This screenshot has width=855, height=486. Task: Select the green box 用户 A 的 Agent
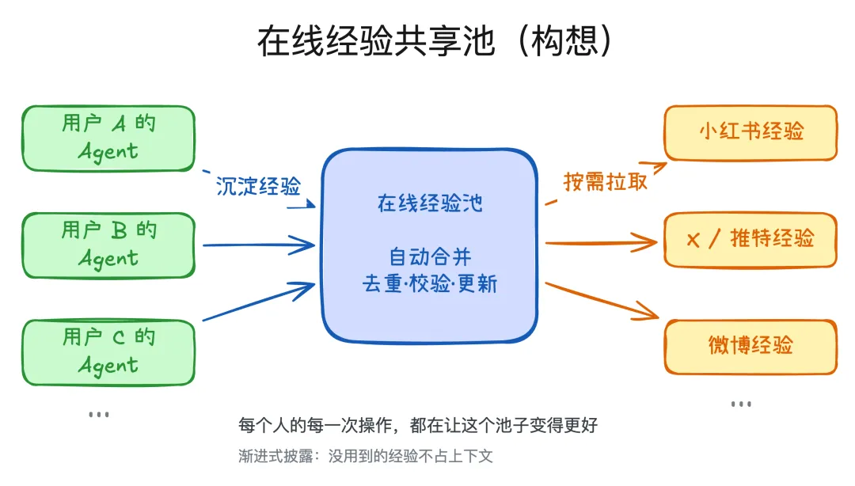[x=108, y=138]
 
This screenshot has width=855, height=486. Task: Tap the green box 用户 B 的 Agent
[x=108, y=245]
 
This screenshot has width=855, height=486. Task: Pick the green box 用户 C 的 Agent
[x=108, y=351]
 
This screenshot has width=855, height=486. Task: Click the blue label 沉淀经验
[x=259, y=187]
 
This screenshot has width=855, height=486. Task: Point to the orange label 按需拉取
[x=606, y=181]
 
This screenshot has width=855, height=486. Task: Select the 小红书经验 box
[x=750, y=132]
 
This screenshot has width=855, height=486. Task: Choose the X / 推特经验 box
[x=750, y=239]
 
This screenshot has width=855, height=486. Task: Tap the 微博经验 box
[x=750, y=346]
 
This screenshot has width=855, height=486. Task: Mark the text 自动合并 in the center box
[x=429, y=257]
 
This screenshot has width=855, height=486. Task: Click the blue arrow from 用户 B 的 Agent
[x=257, y=245]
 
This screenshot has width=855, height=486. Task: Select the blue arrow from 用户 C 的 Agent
[x=257, y=302]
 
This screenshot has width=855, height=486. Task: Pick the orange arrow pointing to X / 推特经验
[x=602, y=241]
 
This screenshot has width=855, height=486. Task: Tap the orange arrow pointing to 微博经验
[x=602, y=301]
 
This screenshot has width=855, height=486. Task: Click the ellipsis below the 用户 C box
[x=98, y=414]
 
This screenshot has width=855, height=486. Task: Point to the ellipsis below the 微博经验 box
[x=741, y=404]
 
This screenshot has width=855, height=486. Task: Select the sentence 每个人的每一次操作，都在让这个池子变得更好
[x=418, y=426]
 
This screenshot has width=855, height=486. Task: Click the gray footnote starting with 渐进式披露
[x=366, y=457]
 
